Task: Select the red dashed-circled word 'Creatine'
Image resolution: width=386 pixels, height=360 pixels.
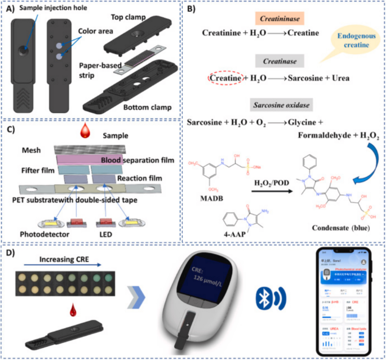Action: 224,77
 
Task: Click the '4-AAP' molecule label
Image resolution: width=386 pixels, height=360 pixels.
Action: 218,229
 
